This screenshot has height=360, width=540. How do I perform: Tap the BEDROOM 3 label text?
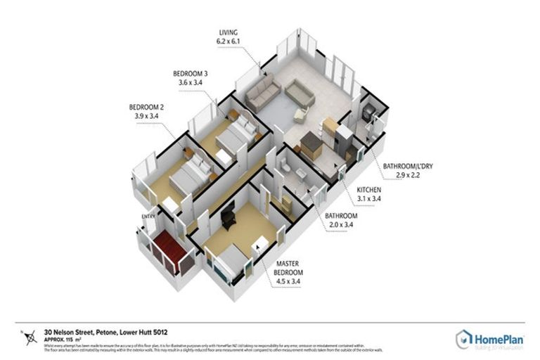pos(191,73)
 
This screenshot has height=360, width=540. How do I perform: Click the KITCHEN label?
pos(370,191)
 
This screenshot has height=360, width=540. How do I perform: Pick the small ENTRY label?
pos(148,216)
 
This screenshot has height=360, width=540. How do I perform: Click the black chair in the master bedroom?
pos(229,219)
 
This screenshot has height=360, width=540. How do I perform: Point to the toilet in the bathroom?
pos(284,168)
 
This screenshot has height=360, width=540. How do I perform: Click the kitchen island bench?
pos(310,148)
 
